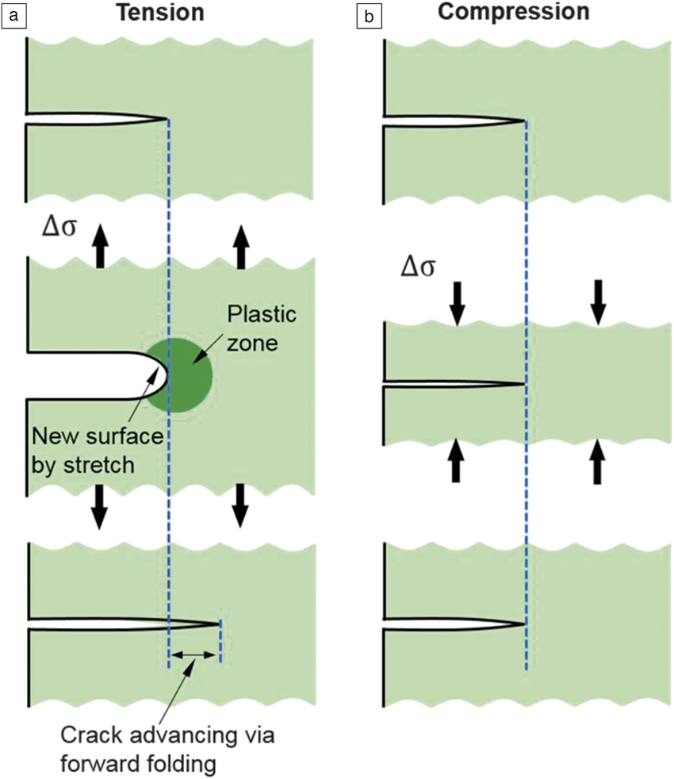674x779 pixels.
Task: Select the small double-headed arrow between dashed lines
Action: (194, 654)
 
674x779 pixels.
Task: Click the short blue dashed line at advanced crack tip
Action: (220, 641)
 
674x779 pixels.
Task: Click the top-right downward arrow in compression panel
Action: (599, 301)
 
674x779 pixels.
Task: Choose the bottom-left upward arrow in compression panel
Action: (456, 462)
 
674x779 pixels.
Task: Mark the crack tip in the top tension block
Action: (167, 120)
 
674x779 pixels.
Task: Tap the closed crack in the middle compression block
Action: (452, 384)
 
